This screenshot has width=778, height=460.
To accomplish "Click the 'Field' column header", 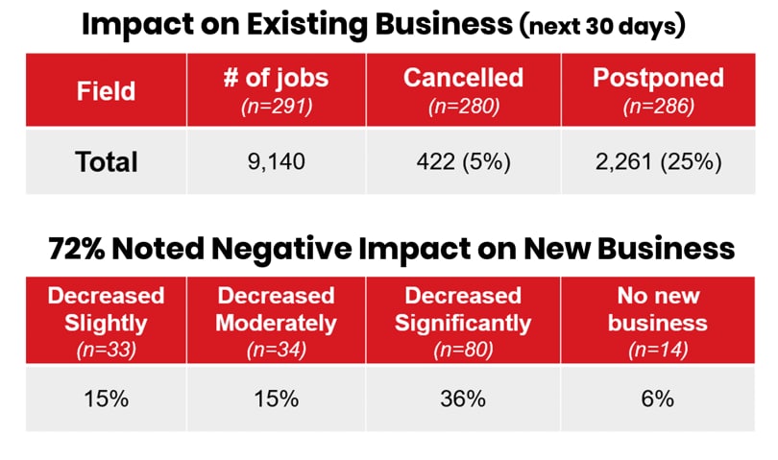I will (x=107, y=91).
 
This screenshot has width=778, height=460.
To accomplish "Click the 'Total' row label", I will (x=107, y=161).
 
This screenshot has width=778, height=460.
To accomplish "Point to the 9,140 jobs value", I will (x=277, y=162).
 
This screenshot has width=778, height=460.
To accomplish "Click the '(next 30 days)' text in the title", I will (x=602, y=28).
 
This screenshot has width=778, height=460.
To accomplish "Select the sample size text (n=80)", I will (x=465, y=350).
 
